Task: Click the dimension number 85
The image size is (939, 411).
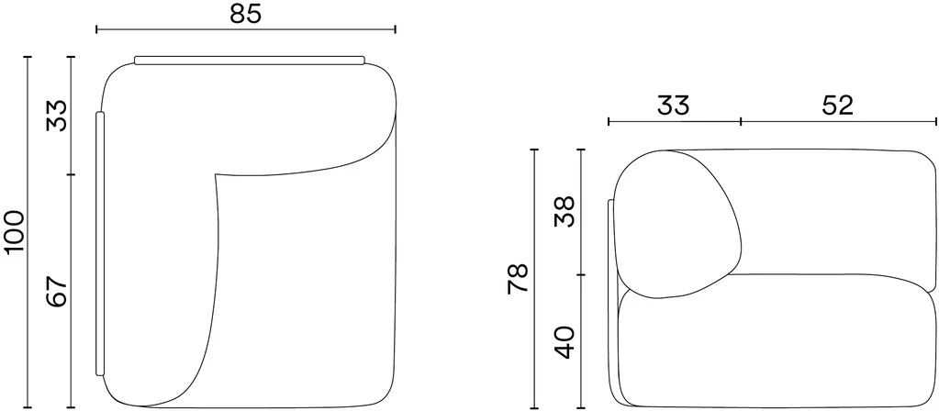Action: coord(245,14)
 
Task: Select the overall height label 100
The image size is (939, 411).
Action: coord(14,232)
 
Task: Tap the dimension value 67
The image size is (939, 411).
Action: coord(58,292)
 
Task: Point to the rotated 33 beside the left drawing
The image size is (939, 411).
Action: coord(58,116)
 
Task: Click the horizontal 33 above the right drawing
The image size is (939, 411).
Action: coord(674,106)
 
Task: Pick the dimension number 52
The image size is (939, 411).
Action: coord(837,106)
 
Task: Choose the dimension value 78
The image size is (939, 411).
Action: coord(518,278)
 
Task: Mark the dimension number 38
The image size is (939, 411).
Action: coord(565,211)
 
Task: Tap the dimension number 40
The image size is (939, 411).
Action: coord(565,342)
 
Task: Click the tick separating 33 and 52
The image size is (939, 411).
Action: coord(742,121)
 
